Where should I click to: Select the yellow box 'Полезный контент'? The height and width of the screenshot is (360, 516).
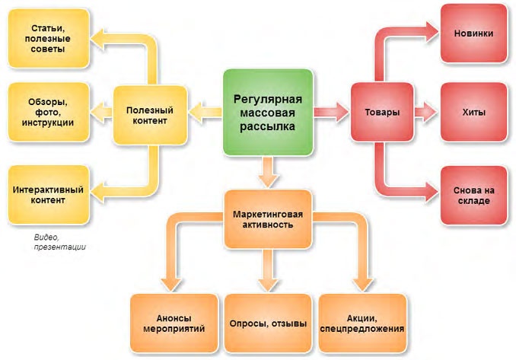click(x=149, y=115)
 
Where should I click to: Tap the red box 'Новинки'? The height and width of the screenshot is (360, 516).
click(x=473, y=34)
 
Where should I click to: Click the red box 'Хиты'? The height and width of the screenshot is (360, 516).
click(x=473, y=113)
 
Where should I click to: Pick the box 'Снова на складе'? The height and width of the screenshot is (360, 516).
click(x=473, y=195)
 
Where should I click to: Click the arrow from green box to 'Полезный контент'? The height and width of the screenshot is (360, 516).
click(x=203, y=113)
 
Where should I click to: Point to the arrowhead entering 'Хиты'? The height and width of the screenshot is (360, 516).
click(x=431, y=113)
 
